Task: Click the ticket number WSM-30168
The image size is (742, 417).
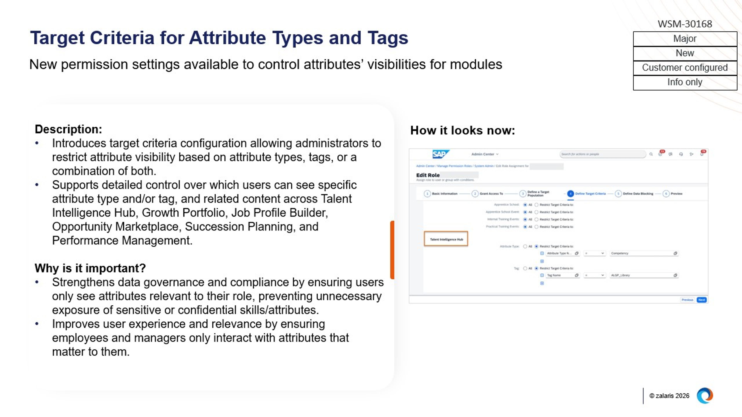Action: pos(685,24)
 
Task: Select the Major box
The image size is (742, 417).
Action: pos(685,39)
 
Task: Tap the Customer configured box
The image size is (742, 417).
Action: pos(685,68)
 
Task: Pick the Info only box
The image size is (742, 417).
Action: pos(685,82)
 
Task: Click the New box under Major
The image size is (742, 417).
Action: pos(685,53)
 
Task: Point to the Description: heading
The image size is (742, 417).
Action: pos(68,129)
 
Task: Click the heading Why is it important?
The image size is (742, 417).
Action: pos(90,268)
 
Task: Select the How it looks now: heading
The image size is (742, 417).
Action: pos(462,130)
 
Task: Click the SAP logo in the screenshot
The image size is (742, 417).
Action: pos(440,154)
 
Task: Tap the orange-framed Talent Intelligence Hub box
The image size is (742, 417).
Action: pos(446,239)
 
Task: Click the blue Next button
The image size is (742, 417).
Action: pos(702,300)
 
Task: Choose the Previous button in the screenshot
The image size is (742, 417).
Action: pos(687,300)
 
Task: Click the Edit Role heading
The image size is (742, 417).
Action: pos(428,175)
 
